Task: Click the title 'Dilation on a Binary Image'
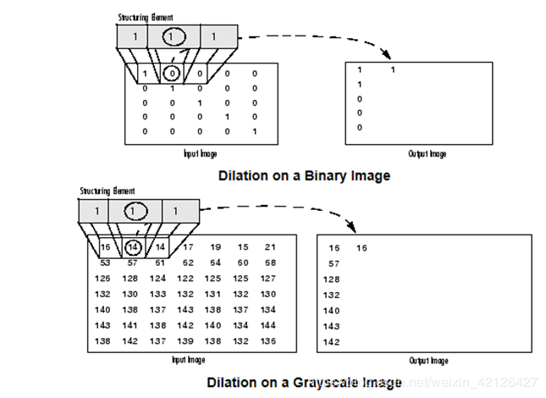pyautogui.click(x=304, y=176)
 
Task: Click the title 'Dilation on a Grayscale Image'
pyautogui.click(x=304, y=382)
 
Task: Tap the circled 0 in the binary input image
pyautogui.click(x=172, y=73)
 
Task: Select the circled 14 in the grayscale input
pyautogui.click(x=133, y=247)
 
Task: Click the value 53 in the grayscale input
pyautogui.click(x=107, y=263)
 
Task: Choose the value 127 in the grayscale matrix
pyautogui.click(x=268, y=279)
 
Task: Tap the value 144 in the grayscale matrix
pyautogui.click(x=268, y=325)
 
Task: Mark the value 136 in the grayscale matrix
pyautogui.click(x=268, y=340)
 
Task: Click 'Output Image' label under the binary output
pyautogui.click(x=427, y=154)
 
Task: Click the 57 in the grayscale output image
pyautogui.click(x=334, y=264)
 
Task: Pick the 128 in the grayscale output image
pyautogui.click(x=333, y=279)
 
